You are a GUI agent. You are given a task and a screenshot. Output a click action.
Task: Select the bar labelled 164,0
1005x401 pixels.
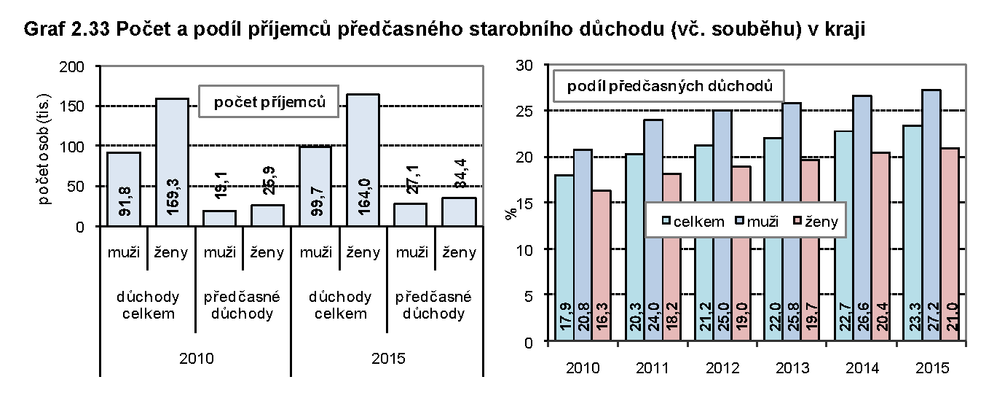363,160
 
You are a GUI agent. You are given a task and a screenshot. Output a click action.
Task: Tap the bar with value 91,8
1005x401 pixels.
124,189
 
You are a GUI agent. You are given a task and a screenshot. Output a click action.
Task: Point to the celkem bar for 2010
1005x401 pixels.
564,258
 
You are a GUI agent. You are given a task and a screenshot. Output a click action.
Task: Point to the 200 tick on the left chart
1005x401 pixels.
76,66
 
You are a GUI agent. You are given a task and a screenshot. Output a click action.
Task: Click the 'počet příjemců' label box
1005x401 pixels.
269,103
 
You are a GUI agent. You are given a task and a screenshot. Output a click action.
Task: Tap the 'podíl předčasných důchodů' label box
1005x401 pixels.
669,86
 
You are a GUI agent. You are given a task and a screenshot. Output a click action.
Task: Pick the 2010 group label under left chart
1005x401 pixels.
195,359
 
